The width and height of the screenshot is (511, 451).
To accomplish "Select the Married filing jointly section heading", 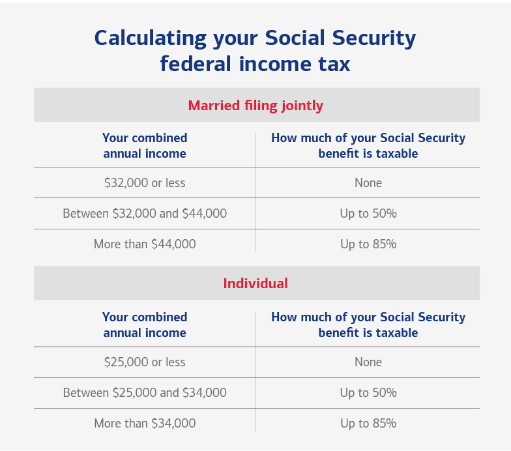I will pyautogui.click(x=255, y=105).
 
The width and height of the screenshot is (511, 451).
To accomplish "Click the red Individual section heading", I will pyautogui.click(x=255, y=284).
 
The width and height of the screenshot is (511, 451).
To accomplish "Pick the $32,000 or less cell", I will pyautogui.click(x=145, y=182).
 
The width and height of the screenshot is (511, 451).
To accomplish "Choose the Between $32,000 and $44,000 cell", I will pyautogui.click(x=145, y=213).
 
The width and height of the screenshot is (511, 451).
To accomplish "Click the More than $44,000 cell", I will pyautogui.click(x=145, y=244).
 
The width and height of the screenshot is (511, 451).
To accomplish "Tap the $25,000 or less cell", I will pyautogui.click(x=145, y=362).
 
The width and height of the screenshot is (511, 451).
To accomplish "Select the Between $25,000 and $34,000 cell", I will pyautogui.click(x=145, y=392).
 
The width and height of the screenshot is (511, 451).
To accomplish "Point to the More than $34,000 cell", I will pyautogui.click(x=145, y=424).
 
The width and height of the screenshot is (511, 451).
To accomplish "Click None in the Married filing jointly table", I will pyautogui.click(x=368, y=182).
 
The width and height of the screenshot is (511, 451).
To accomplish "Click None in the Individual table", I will pyautogui.click(x=368, y=362).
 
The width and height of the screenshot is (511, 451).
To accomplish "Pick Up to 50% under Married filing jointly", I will pyautogui.click(x=368, y=213).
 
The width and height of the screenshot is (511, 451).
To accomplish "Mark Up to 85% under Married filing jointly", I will pyautogui.click(x=368, y=244).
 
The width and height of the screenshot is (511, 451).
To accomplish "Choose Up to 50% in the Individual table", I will pyautogui.click(x=368, y=392).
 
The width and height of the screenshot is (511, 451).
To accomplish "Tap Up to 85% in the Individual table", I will pyautogui.click(x=368, y=424).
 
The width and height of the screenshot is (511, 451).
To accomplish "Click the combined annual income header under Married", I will pyautogui.click(x=145, y=146).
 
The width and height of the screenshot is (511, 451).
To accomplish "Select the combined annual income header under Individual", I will pyautogui.click(x=145, y=325).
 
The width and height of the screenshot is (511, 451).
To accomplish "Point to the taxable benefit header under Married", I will pyautogui.click(x=368, y=146).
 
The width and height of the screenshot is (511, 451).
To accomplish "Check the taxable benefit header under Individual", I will pyautogui.click(x=368, y=325).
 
